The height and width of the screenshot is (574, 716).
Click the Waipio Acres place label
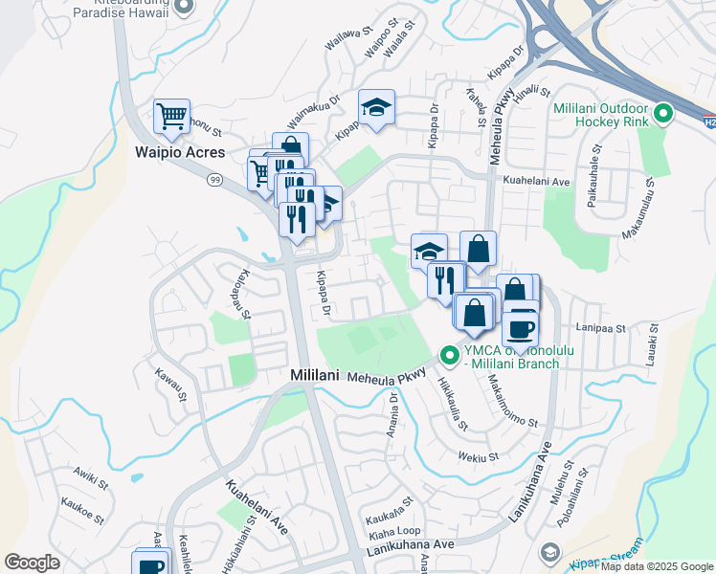tap(179, 153)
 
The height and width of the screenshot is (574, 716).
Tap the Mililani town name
tap(315, 377)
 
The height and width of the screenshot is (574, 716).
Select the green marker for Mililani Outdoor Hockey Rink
tap(661, 116)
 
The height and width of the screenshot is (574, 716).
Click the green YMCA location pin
tap(449, 356)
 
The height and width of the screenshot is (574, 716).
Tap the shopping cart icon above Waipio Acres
tap(171, 117)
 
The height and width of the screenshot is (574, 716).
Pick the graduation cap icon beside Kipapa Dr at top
tap(377, 110)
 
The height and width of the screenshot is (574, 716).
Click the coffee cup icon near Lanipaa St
tap(520, 328)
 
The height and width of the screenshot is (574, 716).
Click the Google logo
tap(32, 562)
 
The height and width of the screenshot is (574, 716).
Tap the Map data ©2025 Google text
tap(657, 566)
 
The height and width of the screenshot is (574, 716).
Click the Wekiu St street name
tap(479, 457)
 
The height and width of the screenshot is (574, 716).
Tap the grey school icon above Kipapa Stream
tap(549, 552)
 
